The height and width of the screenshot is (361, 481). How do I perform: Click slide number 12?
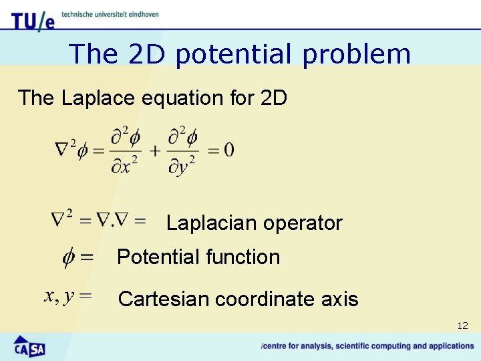[462, 326]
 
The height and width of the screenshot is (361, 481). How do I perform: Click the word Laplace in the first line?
[99, 98]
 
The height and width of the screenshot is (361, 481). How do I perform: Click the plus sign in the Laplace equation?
[155, 150]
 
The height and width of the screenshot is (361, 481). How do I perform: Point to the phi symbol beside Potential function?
[69, 257]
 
